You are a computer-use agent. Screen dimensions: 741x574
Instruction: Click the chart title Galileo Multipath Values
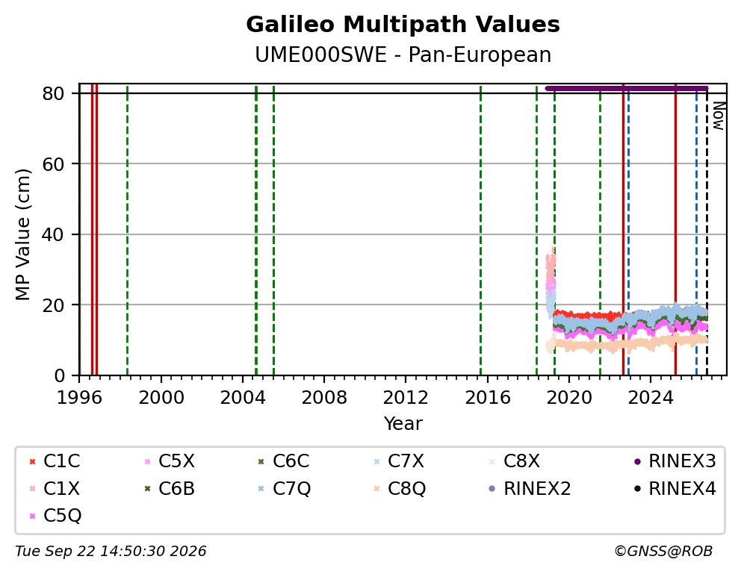[403, 25]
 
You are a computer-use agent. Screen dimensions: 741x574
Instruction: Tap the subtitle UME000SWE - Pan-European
[403, 54]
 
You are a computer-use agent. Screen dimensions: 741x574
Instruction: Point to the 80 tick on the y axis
[53, 93]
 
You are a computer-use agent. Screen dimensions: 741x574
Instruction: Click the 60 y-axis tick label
[53, 163]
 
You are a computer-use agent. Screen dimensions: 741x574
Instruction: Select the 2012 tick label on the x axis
[406, 397]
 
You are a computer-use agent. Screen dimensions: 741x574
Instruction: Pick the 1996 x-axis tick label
[79, 397]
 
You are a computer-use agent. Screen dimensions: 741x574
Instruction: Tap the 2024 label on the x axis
[651, 397]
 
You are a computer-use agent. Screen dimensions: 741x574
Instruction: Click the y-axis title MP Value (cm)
[22, 234]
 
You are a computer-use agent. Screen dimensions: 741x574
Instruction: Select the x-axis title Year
[403, 423]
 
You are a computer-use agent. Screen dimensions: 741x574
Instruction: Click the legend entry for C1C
[55, 461]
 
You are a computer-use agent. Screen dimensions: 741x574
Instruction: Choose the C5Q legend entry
[55, 516]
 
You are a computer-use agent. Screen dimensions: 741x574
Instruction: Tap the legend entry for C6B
[170, 489]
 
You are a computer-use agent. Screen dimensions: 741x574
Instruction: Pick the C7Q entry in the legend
[285, 489]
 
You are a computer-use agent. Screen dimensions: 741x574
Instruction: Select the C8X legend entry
[514, 461]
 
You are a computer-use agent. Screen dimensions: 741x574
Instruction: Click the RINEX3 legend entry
[675, 461]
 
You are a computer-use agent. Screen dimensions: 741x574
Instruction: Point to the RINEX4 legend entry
[675, 489]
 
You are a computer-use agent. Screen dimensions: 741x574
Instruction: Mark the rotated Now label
[719, 116]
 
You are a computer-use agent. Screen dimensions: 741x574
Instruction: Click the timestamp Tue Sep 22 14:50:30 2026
[111, 552]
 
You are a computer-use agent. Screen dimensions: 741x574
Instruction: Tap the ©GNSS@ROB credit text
[663, 552]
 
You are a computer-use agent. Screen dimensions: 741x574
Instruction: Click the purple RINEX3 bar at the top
[627, 88]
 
